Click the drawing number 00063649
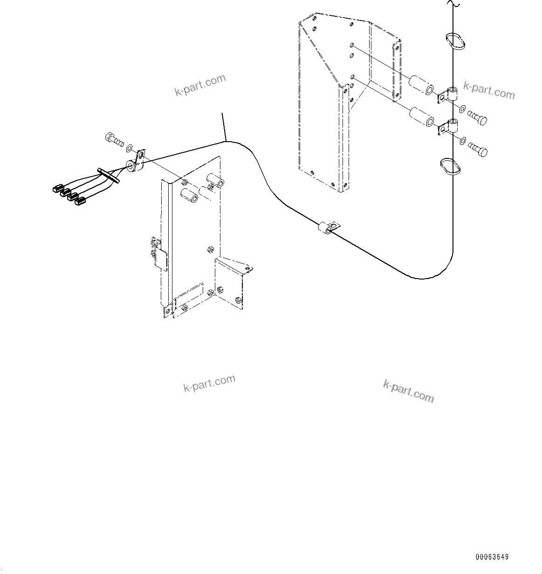[492, 557]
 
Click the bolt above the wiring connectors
[112, 138]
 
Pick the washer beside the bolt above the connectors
[129, 148]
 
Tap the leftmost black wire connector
[57, 189]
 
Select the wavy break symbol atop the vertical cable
[453, 5]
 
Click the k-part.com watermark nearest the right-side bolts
[489, 90]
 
